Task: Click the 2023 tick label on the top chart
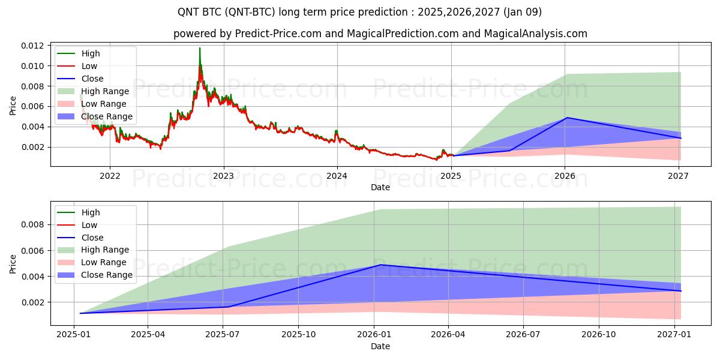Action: pyautogui.click(x=223, y=176)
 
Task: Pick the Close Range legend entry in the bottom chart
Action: pyautogui.click(x=107, y=275)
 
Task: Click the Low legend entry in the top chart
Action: pyautogui.click(x=89, y=66)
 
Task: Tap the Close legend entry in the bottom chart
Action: pyautogui.click(x=92, y=238)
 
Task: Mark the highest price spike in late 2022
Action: pyautogui.click(x=200, y=48)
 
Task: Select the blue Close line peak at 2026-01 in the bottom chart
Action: pyautogui.click(x=380, y=265)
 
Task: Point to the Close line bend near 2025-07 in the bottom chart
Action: pyautogui.click(x=227, y=307)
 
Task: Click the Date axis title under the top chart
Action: pyautogui.click(x=380, y=187)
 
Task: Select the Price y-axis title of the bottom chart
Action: pyautogui.click(x=13, y=263)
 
